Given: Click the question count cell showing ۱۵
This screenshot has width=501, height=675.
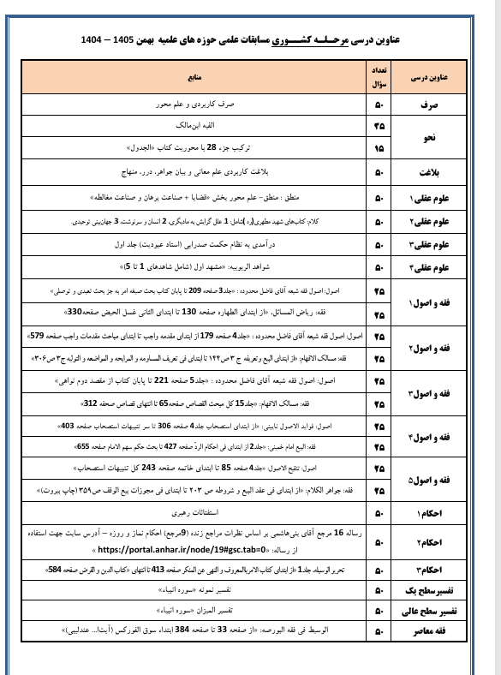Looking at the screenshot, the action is pyautogui.click(x=379, y=147).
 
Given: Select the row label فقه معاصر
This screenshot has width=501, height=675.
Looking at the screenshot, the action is pyautogui.click(x=433, y=632).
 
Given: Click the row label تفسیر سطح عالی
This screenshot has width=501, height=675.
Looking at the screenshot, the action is pyautogui.click(x=433, y=612).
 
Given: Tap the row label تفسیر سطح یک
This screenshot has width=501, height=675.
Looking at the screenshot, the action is pyautogui.click(x=433, y=591).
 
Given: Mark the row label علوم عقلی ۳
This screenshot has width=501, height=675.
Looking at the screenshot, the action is pyautogui.click(x=433, y=243).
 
